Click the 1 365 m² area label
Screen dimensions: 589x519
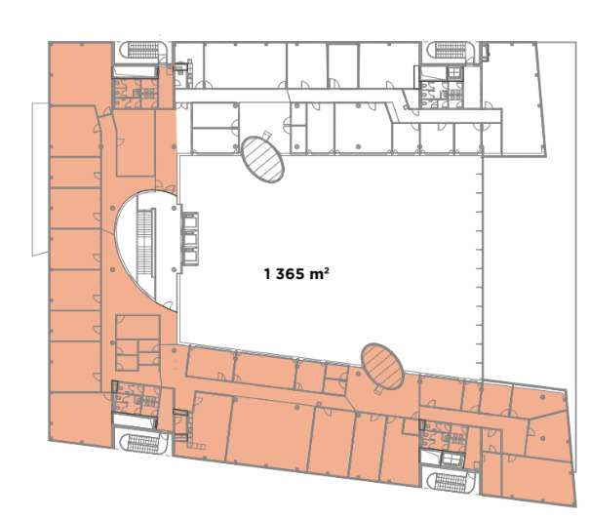(x=296, y=273)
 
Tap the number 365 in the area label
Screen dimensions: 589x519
(x=290, y=274)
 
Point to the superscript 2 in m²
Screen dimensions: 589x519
(x=327, y=269)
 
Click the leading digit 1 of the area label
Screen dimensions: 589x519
(x=267, y=274)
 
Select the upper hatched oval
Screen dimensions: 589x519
(x=262, y=160)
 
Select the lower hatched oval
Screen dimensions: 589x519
(x=382, y=366)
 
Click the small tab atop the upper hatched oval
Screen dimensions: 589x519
(x=266, y=135)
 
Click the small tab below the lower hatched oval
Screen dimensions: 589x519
(x=378, y=391)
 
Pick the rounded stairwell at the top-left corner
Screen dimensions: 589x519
(x=143, y=50)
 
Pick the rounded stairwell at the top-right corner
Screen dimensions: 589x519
(x=450, y=50)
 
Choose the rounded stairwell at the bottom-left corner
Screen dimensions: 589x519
(x=142, y=444)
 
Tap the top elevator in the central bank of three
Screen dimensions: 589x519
(x=190, y=221)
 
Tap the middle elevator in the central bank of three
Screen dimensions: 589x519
(x=190, y=239)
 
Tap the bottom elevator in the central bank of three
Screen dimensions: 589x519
(x=190, y=257)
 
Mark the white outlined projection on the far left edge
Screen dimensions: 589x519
(x=40, y=179)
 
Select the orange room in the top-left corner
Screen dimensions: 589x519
(x=81, y=74)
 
